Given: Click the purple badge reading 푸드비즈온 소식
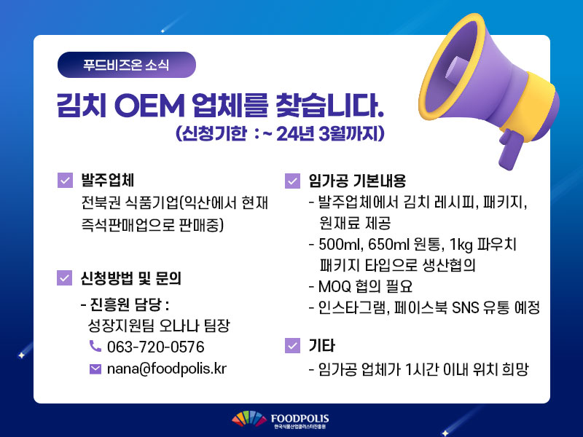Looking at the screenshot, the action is click(126, 65).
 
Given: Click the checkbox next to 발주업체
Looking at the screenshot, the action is click(65, 180).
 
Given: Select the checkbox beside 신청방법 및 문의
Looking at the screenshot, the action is click(64, 278).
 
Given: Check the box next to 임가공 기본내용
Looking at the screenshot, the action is click(292, 181).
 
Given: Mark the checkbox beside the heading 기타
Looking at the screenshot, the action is click(292, 345).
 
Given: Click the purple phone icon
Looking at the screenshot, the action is click(95, 346).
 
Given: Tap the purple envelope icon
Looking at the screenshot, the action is click(95, 369).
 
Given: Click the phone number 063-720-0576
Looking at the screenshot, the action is click(156, 347).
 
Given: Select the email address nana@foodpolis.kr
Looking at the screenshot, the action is click(167, 369).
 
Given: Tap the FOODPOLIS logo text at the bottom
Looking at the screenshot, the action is click(300, 419).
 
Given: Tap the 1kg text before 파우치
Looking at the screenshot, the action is click(461, 245).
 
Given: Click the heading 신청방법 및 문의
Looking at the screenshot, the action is click(131, 278).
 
